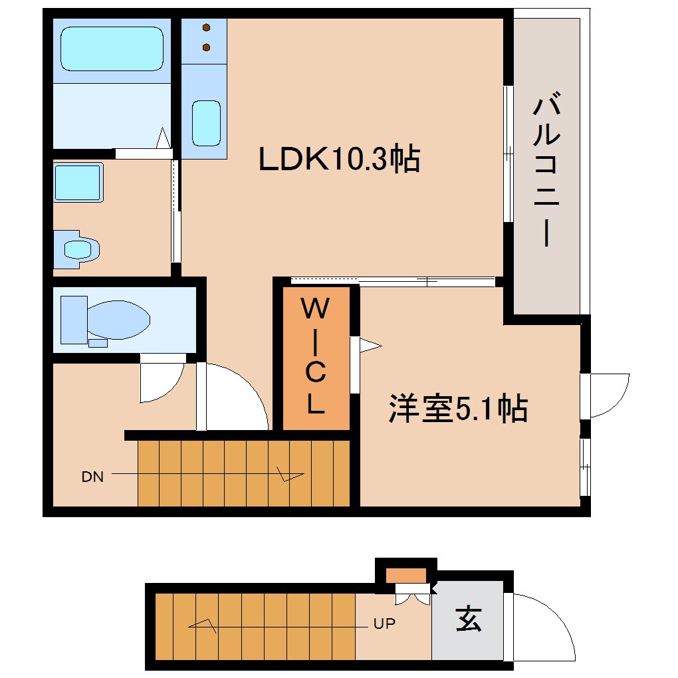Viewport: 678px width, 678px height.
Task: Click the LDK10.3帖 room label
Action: pyautogui.click(x=339, y=160)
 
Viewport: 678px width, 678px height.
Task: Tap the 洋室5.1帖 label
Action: pyautogui.click(x=459, y=409)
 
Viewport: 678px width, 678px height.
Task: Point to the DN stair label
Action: pyautogui.click(x=92, y=477)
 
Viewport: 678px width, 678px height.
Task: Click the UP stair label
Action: pyautogui.click(x=384, y=624)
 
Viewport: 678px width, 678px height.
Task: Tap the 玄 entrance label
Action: pyautogui.click(x=469, y=620)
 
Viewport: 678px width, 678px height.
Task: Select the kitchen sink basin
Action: pyautogui.click(x=206, y=123)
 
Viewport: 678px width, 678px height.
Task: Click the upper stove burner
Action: pyautogui.click(x=207, y=28)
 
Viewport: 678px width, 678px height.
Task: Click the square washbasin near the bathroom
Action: pyautogui.click(x=78, y=182)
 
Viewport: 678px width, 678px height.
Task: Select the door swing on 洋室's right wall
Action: pyautogui.click(x=608, y=395)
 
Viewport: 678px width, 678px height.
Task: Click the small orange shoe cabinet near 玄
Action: pyautogui.click(x=406, y=576)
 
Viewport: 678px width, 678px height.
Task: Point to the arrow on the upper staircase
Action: pyautogui.click(x=289, y=475)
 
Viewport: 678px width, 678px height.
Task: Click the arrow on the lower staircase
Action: pyautogui.click(x=203, y=625)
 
